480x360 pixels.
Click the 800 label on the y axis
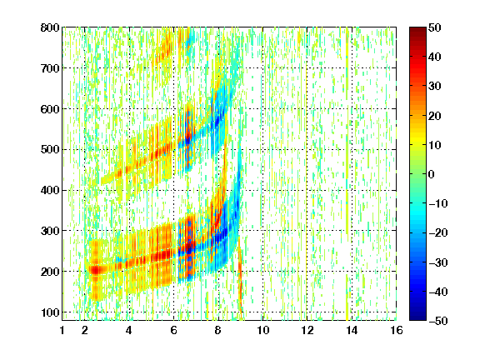[x=50, y=27]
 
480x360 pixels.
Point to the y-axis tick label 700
[x=50, y=68]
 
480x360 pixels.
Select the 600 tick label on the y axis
[x=50, y=109]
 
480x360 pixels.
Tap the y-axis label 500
[x=50, y=150]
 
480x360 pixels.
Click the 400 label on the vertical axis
[x=50, y=191]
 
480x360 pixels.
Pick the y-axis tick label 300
[x=50, y=231]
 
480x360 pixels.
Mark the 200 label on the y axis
[x=50, y=272]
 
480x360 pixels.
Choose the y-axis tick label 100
[x=50, y=312]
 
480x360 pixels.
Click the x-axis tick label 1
[x=62, y=331]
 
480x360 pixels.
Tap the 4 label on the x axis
[x=129, y=331]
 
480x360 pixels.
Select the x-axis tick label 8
[x=218, y=331]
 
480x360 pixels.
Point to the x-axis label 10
[x=262, y=331]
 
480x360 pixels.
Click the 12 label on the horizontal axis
[x=307, y=331]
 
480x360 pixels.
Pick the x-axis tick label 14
[x=352, y=331]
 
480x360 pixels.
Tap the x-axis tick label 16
[x=397, y=331]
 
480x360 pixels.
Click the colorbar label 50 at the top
[x=435, y=27]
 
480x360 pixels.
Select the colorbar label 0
[x=432, y=174]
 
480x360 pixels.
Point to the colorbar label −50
[x=438, y=321]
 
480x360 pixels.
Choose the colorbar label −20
[x=438, y=233]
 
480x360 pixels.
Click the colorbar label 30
[x=435, y=87]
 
